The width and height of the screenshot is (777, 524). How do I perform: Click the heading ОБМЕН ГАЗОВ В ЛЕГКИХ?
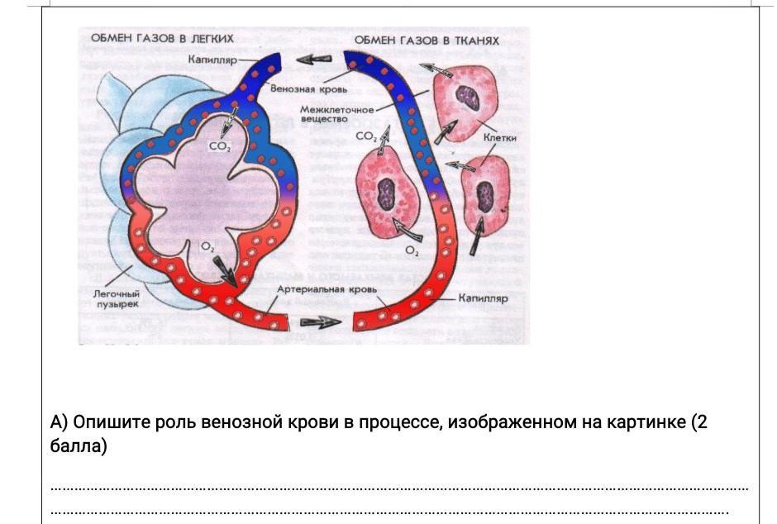coord(162,38)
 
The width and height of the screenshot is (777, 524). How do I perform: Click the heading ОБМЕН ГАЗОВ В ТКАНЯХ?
coord(427,40)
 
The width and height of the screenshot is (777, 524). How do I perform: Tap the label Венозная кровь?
coord(308,89)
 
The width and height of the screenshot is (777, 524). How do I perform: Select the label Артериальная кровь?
coord(327,289)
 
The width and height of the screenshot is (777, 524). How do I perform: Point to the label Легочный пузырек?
coord(117,298)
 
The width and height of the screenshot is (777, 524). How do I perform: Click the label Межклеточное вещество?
coord(336,114)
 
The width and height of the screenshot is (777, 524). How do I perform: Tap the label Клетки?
coord(499,138)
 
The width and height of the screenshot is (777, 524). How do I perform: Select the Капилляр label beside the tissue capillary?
coord(484,298)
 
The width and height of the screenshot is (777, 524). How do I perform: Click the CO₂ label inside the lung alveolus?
coord(220,146)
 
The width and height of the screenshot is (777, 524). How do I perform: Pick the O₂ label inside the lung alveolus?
coord(207,246)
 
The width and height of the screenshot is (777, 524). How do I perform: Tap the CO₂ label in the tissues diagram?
coord(366,136)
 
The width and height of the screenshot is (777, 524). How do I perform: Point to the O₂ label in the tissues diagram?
coord(412,251)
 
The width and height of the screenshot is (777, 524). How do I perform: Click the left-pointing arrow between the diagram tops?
coord(313,60)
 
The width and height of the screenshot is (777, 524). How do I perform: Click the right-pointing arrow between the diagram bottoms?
coord(321,322)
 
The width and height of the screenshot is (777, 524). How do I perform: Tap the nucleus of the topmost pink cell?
coord(468,98)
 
